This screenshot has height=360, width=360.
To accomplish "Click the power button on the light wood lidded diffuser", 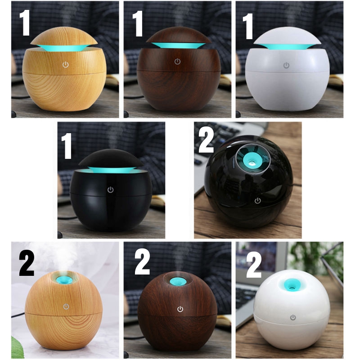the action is click(x=65, y=65).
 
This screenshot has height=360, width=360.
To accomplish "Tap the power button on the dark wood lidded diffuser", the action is click(x=177, y=62).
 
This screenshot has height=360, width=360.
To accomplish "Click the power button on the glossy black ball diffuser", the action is click(x=257, y=201).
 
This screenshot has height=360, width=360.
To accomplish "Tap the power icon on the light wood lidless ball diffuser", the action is click(x=66, y=306).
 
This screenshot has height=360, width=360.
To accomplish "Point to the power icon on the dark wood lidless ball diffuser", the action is click(x=180, y=309).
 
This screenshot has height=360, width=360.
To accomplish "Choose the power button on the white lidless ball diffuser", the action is click(x=293, y=318).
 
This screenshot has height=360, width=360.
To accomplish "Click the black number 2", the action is click(x=27, y=263).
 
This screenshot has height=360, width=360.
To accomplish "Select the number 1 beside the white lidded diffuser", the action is click(x=248, y=26).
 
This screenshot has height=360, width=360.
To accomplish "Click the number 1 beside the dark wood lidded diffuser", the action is click(x=138, y=24).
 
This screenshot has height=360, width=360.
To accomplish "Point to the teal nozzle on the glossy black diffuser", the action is click(x=251, y=159).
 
